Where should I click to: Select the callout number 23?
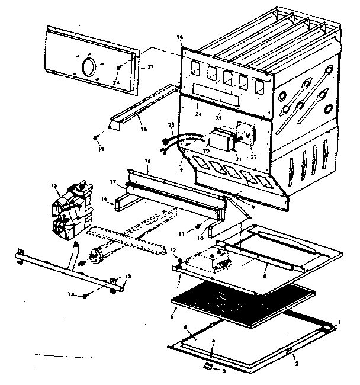(218, 118)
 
